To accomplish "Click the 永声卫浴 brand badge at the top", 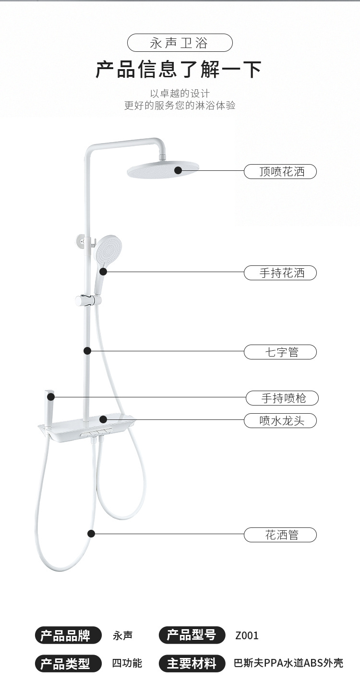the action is (180, 43).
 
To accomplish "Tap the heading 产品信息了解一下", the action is (179, 70).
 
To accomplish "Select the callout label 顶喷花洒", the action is (280, 171).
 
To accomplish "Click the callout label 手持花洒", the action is (280, 273).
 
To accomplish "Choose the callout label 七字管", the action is (280, 352).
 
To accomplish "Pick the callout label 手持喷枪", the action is (282, 398).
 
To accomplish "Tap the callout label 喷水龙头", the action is (280, 421).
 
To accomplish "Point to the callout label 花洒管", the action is (280, 535).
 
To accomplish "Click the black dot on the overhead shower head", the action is (178, 170).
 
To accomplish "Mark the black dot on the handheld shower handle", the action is (103, 272).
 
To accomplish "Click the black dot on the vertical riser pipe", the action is (87, 351).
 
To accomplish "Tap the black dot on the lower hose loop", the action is (91, 533).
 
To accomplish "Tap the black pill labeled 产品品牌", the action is (68, 635).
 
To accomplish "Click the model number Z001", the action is (247, 636).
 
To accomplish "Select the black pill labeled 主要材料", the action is (192, 664).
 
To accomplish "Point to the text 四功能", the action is (127, 664).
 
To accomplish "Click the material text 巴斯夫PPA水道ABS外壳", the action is (288, 664).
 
